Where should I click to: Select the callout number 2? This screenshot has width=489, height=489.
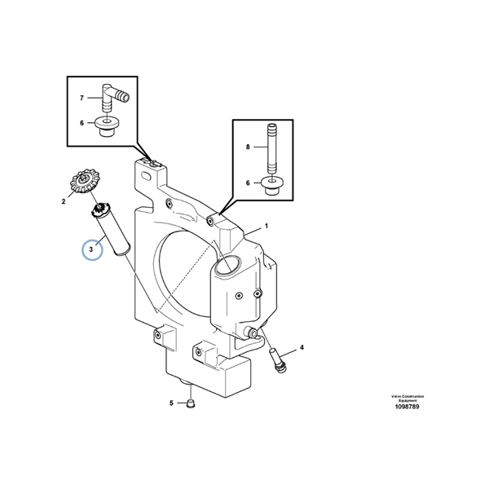pyautogui.click(x=63, y=198)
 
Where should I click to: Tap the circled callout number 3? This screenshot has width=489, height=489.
pyautogui.click(x=92, y=247)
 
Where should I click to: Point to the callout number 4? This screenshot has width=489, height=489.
pyautogui.click(x=302, y=348)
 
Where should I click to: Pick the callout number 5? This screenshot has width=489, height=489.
pyautogui.click(x=172, y=403)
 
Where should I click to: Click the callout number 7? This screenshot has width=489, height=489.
pyautogui.click(x=81, y=99)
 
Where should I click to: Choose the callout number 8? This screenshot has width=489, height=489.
pyautogui.click(x=247, y=148)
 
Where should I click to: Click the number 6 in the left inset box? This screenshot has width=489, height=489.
pyautogui.click(x=81, y=123)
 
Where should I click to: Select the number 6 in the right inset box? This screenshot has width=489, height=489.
pyautogui.click(x=247, y=183)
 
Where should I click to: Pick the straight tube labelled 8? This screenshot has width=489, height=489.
pyautogui.click(x=271, y=147)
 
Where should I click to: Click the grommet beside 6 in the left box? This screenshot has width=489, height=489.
pyautogui.click(x=106, y=125)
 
